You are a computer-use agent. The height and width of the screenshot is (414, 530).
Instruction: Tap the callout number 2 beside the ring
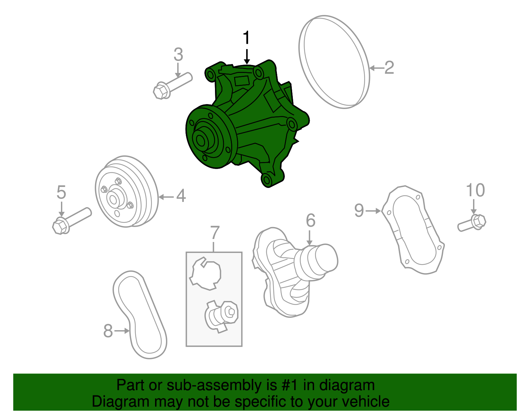[x=389, y=68]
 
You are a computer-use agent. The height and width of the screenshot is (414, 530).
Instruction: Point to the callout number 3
[x=178, y=55]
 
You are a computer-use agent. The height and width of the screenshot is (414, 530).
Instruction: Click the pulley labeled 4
[x=126, y=192]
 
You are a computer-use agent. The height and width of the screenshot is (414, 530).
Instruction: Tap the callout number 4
[x=181, y=196]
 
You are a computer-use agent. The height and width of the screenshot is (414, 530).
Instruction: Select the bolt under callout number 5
[x=71, y=220]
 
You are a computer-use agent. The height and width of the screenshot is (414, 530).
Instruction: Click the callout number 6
[x=310, y=220]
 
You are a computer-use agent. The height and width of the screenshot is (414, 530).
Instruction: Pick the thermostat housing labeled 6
[x=291, y=272]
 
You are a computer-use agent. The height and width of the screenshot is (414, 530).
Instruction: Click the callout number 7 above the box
[x=215, y=233]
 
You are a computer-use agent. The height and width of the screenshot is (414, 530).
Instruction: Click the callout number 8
[x=108, y=331]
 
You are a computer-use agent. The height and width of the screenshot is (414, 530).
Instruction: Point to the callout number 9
[x=359, y=210]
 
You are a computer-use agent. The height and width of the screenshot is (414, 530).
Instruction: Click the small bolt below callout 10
[x=472, y=223]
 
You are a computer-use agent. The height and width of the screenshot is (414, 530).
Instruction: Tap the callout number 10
[x=475, y=191]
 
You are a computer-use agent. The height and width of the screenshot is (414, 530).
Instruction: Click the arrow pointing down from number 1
[x=246, y=56]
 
